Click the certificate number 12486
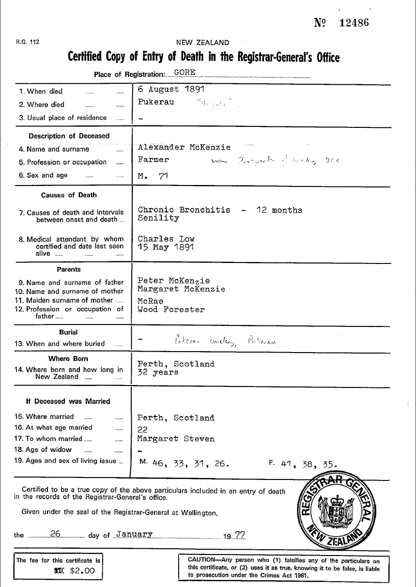coord(354,23)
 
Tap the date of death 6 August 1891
coord(171,90)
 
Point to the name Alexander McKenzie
coord(184,147)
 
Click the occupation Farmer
coord(154,160)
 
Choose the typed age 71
coord(163,176)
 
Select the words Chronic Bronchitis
coord(184,210)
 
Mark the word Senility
coord(158,218)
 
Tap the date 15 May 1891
coord(166,247)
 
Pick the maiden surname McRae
coord(151,301)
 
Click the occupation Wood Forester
coord(171,309)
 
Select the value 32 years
coord(158,372)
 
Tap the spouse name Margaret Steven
coord(176,439)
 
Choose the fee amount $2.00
coord(82,571)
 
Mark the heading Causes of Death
coord(69,195)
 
